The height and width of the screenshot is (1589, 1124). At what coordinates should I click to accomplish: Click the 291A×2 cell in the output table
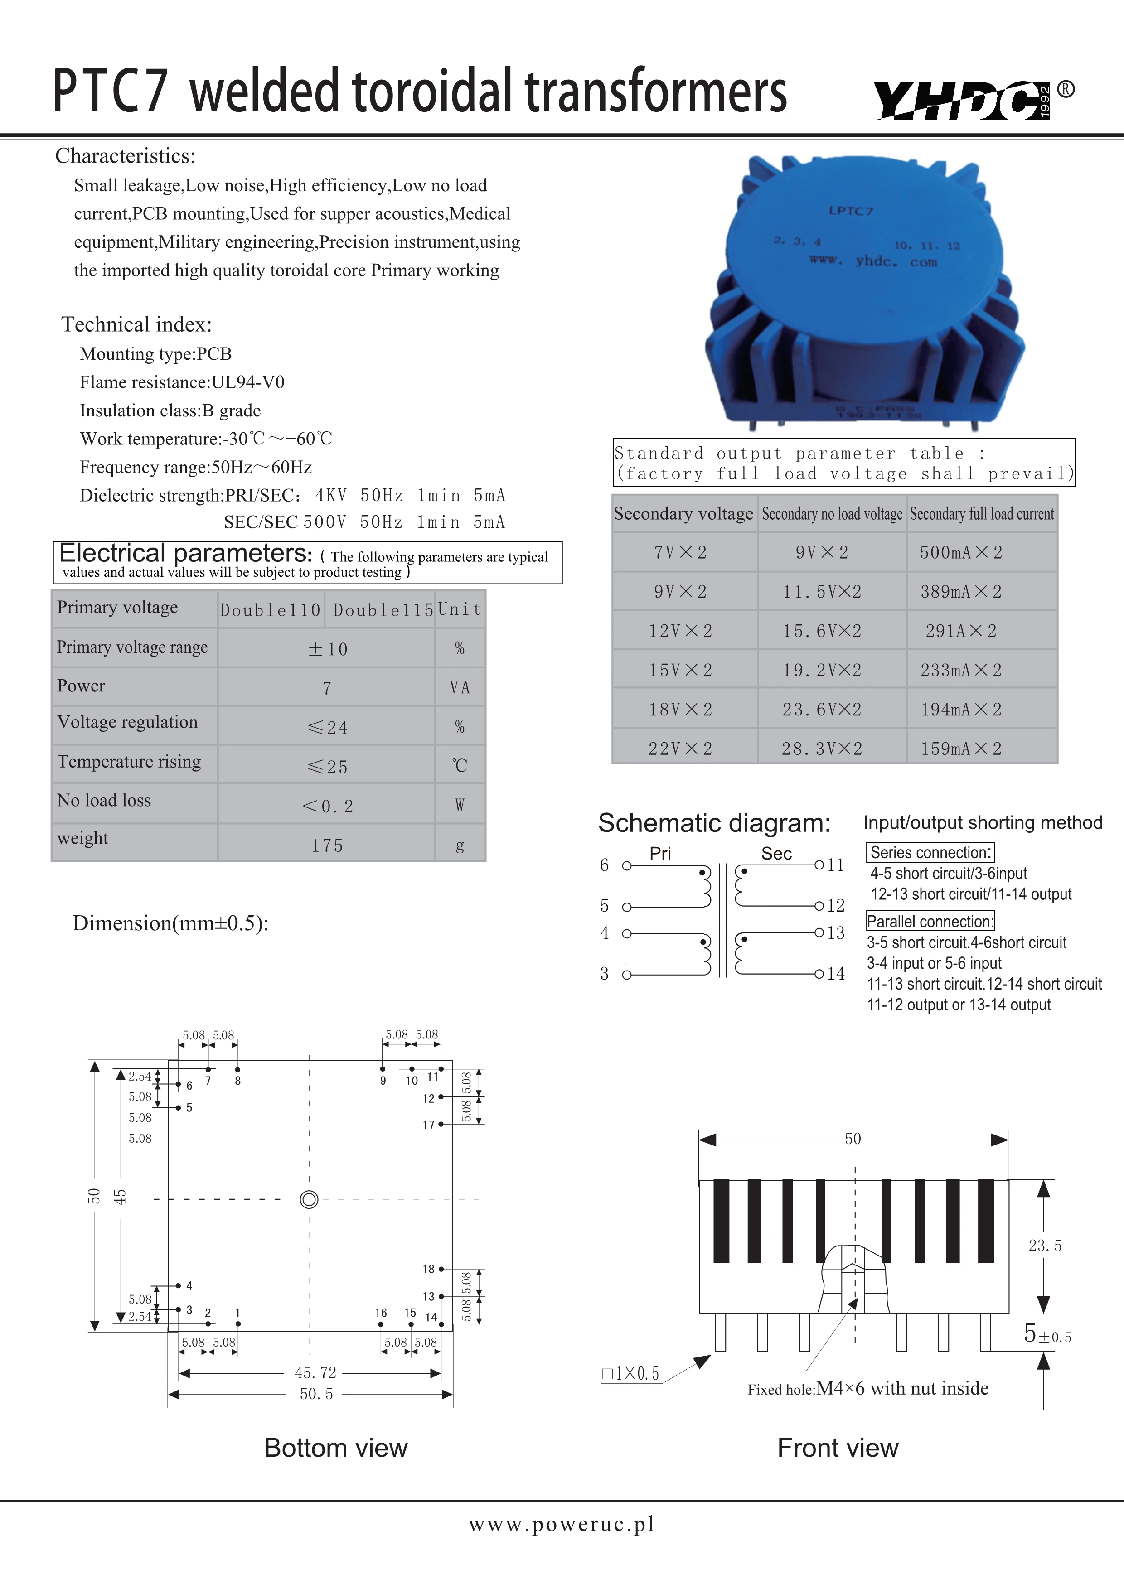961,631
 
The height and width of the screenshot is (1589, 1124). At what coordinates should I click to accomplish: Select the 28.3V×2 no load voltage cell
822,749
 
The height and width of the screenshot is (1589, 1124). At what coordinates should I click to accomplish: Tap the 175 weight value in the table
327,846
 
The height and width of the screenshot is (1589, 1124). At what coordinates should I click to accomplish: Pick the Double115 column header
383,610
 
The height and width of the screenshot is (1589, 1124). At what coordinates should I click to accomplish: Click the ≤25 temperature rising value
327,767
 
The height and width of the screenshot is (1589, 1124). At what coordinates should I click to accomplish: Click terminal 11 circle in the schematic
819,865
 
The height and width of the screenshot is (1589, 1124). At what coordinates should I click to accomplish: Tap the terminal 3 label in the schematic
604,974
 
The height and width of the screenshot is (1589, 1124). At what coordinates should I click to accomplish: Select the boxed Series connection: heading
930,853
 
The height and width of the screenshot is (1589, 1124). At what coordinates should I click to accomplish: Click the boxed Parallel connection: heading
930,921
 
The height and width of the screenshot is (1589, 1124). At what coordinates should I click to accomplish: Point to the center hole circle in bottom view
310,1199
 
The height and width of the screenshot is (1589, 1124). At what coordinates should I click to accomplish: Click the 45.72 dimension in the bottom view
315,1372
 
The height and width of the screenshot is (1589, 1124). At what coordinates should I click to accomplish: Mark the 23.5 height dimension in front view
1044,1246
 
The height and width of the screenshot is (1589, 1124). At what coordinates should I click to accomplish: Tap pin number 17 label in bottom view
428,1125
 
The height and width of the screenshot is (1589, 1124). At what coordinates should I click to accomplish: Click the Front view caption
838,1448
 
